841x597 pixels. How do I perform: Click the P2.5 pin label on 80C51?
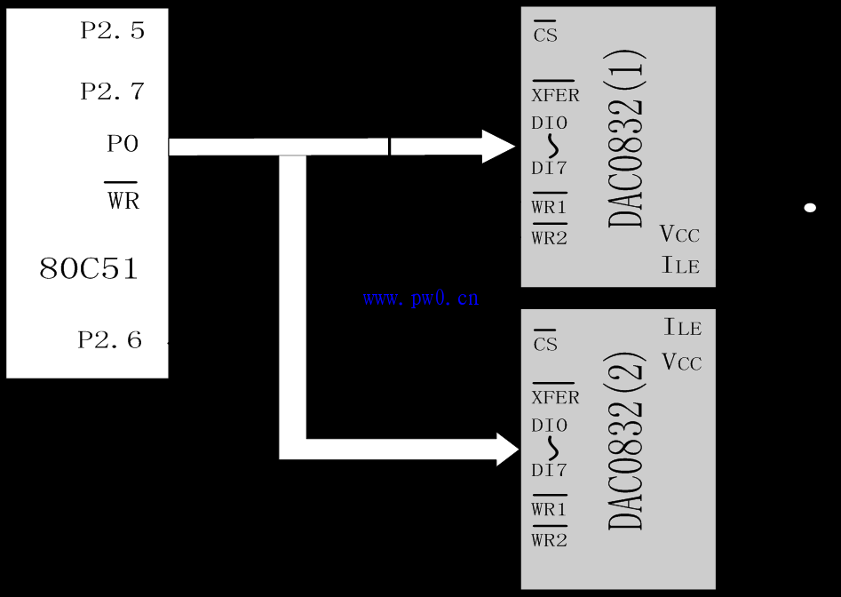[x=113, y=30]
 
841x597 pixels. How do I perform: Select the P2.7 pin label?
[x=113, y=92]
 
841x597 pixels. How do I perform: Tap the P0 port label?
[x=123, y=144]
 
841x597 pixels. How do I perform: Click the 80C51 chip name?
[x=89, y=268]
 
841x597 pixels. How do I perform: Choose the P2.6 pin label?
[x=110, y=340]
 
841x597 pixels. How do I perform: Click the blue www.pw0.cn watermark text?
[x=421, y=298]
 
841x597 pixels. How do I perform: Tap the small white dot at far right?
[x=810, y=208]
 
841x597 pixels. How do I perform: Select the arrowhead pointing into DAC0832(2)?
[x=507, y=449]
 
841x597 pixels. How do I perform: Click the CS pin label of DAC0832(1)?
[x=545, y=32]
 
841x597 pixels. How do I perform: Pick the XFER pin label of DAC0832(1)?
[x=556, y=92]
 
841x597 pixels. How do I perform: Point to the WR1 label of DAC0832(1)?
[x=549, y=203]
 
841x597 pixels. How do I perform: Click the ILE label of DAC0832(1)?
[x=680, y=266]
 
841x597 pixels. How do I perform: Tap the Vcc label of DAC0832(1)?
[x=679, y=234]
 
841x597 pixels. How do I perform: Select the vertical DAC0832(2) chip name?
[x=625, y=441]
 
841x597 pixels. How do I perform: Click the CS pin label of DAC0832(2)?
[x=545, y=341]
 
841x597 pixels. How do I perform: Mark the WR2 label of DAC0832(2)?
[x=549, y=537]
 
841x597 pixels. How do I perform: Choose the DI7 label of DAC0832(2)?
[x=549, y=471]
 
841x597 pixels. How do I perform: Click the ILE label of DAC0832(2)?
[x=683, y=327]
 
